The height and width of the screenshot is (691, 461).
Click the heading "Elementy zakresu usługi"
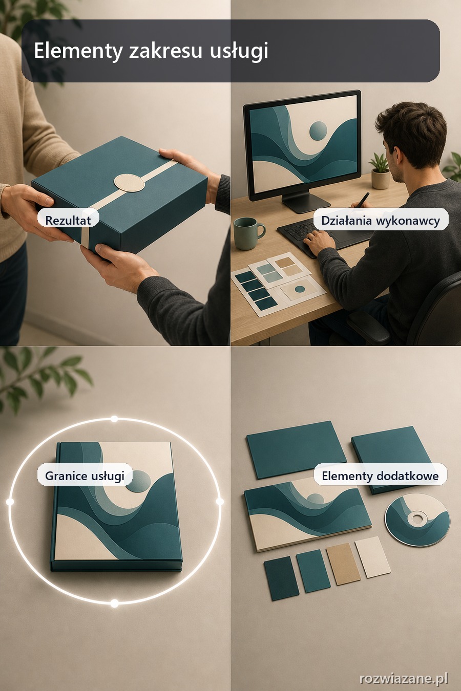151,51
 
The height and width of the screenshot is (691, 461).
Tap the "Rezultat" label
68,220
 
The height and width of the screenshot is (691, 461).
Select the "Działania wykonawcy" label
381,220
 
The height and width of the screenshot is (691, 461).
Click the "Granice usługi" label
85,476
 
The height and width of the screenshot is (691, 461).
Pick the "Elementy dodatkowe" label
380,476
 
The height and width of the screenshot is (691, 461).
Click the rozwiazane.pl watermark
404,678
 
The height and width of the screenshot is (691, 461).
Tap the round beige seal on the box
129,183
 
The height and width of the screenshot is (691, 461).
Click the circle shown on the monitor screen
318,130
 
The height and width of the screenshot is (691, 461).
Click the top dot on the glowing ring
114,419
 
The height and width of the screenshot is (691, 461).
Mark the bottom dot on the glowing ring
115,603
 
